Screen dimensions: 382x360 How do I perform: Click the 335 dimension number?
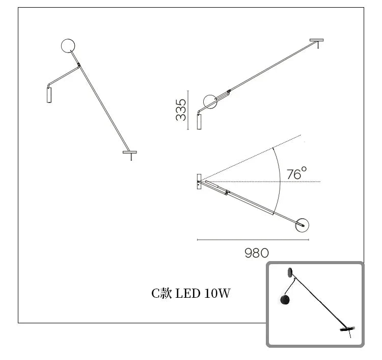point(181,110)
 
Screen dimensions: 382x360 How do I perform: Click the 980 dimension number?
point(257,253)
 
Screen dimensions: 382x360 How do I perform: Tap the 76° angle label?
point(296,173)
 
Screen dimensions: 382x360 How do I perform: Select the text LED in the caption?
point(187,293)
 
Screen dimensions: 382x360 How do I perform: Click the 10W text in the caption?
point(217,293)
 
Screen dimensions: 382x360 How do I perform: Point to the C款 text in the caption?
point(161,293)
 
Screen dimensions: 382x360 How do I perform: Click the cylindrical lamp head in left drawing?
point(49,95)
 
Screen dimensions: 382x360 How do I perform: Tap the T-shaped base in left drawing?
point(130,153)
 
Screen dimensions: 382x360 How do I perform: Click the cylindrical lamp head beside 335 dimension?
point(199,122)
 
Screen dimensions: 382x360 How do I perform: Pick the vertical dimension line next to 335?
point(188,110)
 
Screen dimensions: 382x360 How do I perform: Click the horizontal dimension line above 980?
point(253,240)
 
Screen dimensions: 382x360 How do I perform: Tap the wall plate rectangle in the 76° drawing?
point(199,182)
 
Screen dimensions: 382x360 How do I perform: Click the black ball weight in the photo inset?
point(285,300)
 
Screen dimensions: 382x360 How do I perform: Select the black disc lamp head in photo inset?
point(347,329)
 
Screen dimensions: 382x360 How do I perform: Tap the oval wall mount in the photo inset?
point(290,272)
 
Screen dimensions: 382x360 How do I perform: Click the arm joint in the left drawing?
point(78,65)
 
